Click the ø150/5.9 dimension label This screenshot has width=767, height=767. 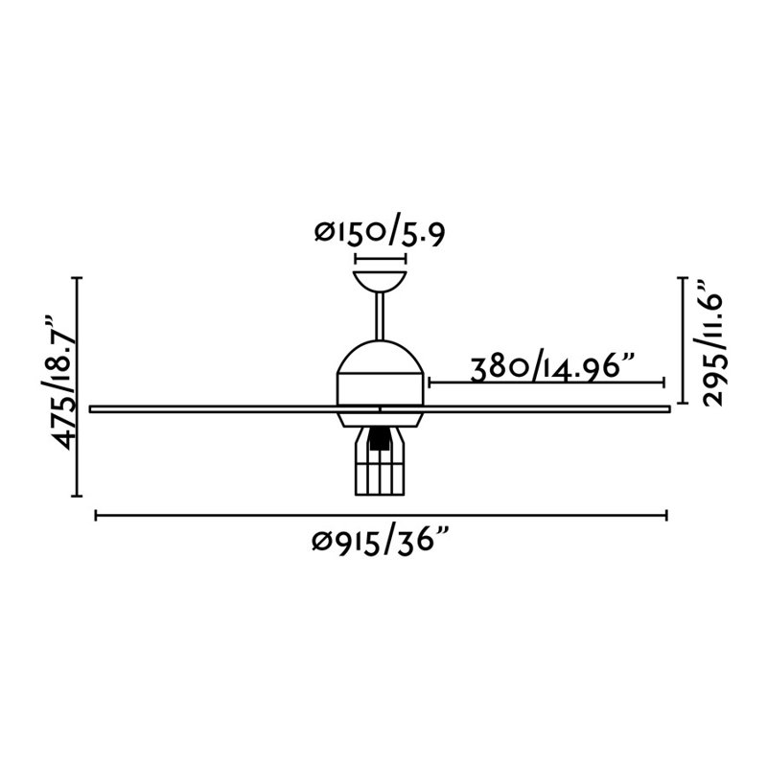tap(380, 234)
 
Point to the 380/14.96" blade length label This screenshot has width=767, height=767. tap(552, 369)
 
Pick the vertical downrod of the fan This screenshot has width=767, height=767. tap(380, 316)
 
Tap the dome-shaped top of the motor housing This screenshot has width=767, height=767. tap(380, 357)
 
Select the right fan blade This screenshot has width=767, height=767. tap(524, 409)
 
